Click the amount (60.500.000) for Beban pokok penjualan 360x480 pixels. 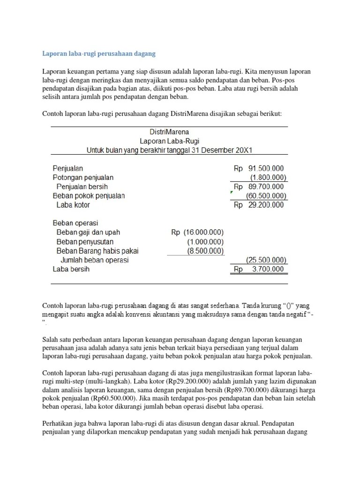[x=265, y=195]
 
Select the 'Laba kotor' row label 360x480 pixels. [x=73, y=205]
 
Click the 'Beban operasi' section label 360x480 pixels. [x=75, y=223]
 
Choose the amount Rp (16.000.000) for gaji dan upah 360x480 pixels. [x=197, y=232]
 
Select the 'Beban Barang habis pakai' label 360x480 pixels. [x=97, y=251]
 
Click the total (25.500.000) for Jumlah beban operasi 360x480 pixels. [x=266, y=260]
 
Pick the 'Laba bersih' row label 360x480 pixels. [x=71, y=269]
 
